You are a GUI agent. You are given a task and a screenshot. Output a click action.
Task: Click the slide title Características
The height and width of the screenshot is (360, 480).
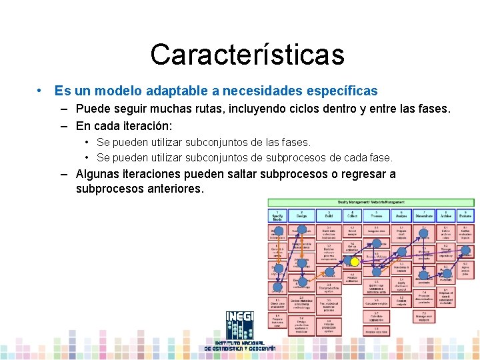click(247, 55)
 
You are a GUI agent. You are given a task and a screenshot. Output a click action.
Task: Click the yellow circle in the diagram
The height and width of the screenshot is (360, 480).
click(355, 262)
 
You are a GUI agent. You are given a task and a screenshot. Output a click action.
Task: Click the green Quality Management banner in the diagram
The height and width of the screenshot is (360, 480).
click(371, 201)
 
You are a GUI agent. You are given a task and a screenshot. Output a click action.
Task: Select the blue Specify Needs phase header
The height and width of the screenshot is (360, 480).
click(277, 215)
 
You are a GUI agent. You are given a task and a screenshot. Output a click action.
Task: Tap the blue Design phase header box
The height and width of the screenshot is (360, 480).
click(301, 215)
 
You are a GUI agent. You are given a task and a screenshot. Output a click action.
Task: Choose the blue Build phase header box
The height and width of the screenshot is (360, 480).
click(328, 215)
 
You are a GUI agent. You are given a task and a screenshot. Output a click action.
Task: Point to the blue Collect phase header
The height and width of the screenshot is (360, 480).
click(353, 215)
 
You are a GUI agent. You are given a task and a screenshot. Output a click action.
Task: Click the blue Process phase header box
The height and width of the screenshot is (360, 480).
click(377, 215)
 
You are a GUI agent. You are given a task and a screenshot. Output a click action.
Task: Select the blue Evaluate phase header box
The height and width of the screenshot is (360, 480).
click(465, 215)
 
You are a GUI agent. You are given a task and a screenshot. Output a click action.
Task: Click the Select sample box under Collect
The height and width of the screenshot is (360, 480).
click(353, 231)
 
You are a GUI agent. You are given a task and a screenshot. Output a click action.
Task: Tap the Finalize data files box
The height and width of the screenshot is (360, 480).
click(377, 330)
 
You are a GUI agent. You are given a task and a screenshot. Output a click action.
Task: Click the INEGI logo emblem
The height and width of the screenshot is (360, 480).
click(239, 328)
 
